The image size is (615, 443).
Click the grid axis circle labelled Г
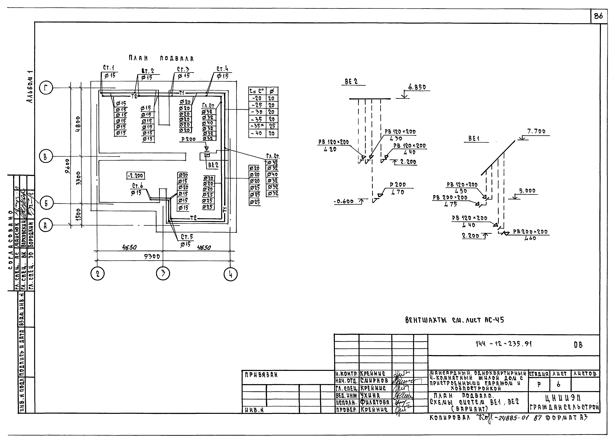pyautogui.click(x=46, y=88)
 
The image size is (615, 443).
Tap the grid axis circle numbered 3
pyautogui.click(x=163, y=274)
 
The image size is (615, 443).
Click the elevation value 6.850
pyautogui.click(x=417, y=87)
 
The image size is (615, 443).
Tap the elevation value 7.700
pyautogui.click(x=536, y=131)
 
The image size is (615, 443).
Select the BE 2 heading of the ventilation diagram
pyautogui.click(x=351, y=81)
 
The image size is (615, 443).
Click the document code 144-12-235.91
pyautogui.click(x=504, y=344)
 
